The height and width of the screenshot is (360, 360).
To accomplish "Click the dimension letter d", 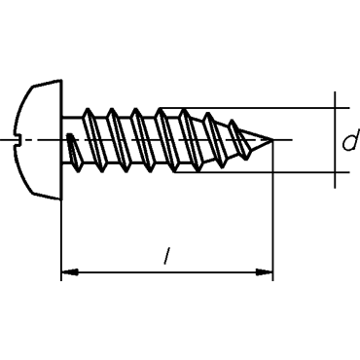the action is [351, 140].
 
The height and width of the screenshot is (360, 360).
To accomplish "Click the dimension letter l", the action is [167, 255].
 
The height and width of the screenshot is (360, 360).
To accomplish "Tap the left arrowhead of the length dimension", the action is [69, 271].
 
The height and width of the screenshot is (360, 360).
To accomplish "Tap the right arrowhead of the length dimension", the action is [264, 271].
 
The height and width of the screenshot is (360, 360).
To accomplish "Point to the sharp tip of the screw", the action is [272, 140].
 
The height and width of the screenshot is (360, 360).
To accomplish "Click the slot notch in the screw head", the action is [18, 140].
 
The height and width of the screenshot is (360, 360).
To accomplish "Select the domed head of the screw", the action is [37, 139].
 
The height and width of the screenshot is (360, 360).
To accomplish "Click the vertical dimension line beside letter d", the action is [335, 140].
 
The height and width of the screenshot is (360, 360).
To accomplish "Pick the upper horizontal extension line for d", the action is [255, 108].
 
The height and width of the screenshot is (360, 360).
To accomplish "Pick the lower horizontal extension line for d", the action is [262, 172].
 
